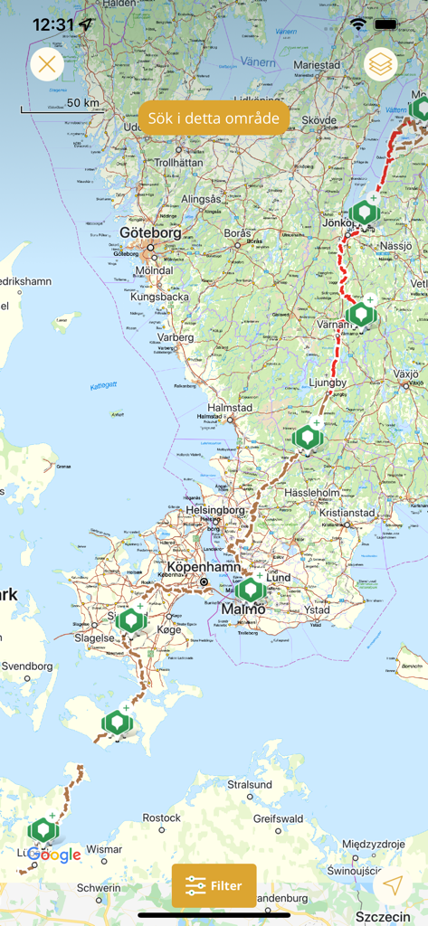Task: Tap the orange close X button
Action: (x=47, y=64)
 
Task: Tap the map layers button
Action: (x=381, y=64)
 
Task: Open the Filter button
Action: (x=214, y=885)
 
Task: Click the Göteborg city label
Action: (x=150, y=232)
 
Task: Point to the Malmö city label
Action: (x=243, y=609)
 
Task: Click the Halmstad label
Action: (x=230, y=408)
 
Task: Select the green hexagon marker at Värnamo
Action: (x=360, y=315)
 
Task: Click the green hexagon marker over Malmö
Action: (x=251, y=591)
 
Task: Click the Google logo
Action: (x=54, y=855)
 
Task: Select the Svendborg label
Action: (x=27, y=666)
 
